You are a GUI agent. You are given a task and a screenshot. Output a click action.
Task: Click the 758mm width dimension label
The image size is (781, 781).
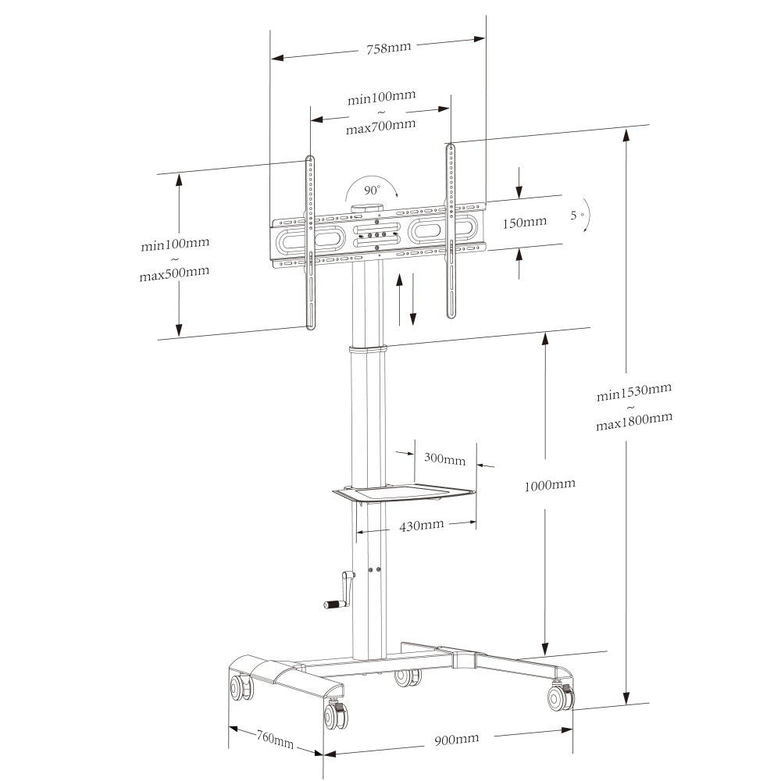point(388,48)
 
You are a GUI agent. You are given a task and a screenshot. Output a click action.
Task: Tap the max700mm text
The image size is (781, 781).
point(381,126)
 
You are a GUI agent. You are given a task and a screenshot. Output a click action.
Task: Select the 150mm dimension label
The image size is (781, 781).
point(524,223)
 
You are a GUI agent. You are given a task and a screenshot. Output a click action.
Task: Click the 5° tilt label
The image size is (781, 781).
point(578,214)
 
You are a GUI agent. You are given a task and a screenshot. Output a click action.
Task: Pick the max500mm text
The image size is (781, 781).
point(174,273)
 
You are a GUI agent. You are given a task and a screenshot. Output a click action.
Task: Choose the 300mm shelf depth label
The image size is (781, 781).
point(444,458)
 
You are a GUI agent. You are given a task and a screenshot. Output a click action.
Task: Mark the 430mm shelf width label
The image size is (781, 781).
point(422,525)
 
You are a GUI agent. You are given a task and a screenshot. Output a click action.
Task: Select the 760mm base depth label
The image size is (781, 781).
point(275,739)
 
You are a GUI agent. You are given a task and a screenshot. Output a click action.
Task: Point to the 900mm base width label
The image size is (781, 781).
point(457,739)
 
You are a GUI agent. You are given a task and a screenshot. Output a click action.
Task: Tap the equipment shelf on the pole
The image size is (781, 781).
point(405,492)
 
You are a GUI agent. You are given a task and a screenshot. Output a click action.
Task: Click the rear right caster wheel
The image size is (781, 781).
point(560,697)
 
